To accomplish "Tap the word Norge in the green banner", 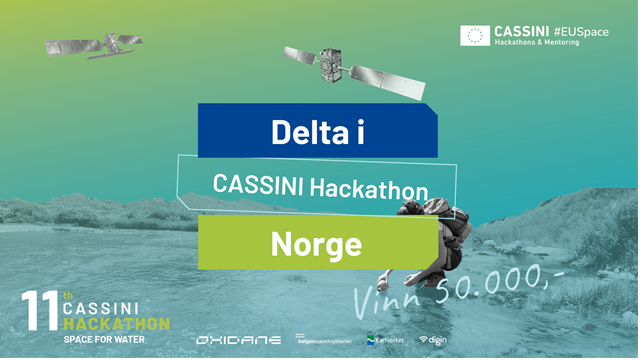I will [315, 243].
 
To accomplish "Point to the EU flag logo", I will [475, 36].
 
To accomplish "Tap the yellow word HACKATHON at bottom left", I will [117, 326].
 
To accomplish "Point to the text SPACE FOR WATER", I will [104, 340].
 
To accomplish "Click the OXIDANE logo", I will [238, 340].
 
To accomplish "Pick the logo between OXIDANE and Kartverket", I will [323, 340].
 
